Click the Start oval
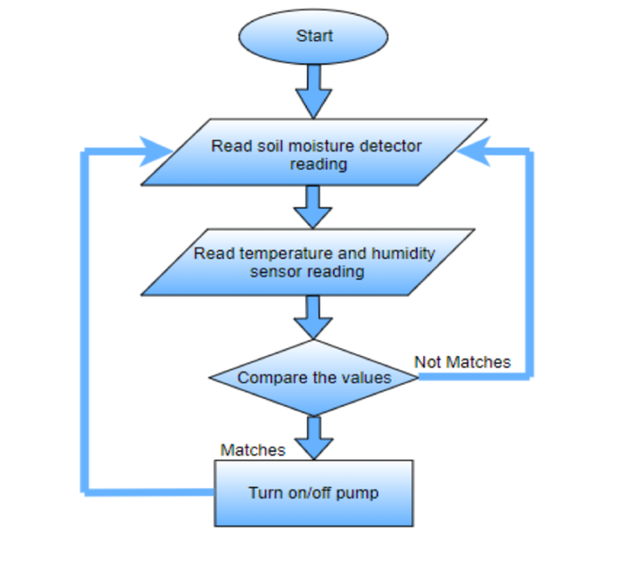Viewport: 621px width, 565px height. point(313,37)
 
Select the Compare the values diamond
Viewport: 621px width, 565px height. point(314,378)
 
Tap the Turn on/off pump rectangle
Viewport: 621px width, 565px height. point(313,493)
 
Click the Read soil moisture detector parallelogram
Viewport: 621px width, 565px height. point(314,153)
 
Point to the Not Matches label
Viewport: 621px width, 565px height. point(462,362)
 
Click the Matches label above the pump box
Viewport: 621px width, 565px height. point(253,450)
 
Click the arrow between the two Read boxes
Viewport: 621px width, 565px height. point(313,206)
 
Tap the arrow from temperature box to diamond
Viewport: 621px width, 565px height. point(313,317)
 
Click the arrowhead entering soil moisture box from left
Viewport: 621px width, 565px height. point(155,151)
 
